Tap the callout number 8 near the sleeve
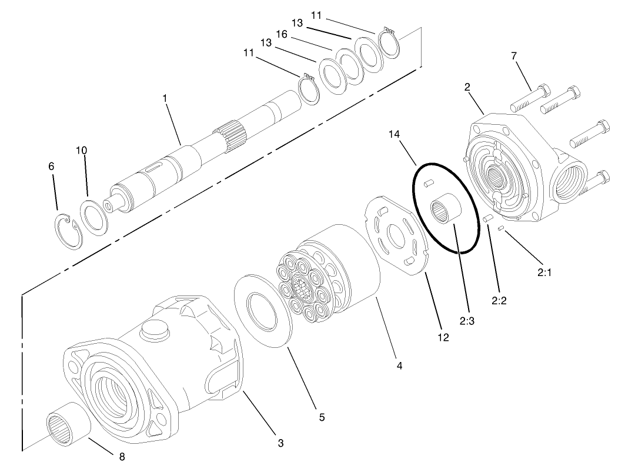[122, 456]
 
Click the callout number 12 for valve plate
[443, 337]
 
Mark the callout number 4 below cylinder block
[399, 366]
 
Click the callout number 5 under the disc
[322, 417]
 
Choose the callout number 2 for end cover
[467, 87]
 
